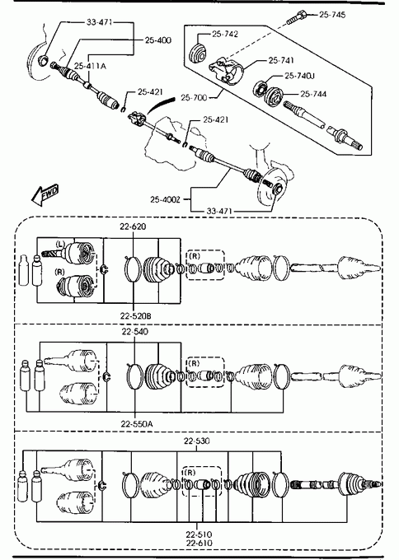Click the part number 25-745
tap(332, 15)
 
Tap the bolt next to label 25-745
tap(296, 18)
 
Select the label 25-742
tap(225, 34)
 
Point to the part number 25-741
tap(281, 60)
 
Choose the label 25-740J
tap(299, 76)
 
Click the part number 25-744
tap(313, 94)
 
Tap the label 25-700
tap(194, 97)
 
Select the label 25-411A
tap(90, 66)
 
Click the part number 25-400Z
tap(165, 199)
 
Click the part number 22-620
tap(133, 226)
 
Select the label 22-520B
tap(135, 316)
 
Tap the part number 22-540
tap(135, 332)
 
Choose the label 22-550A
tap(137, 424)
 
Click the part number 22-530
tap(197, 441)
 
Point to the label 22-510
tap(199, 534)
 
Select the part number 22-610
tap(199, 544)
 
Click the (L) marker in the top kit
tap(60, 245)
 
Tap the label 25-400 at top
tap(158, 40)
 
